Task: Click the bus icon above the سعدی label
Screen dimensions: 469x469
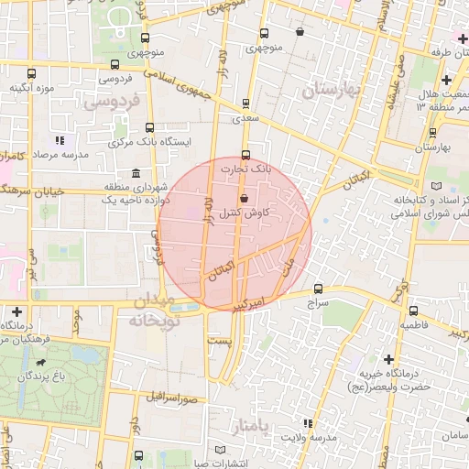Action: [245, 104]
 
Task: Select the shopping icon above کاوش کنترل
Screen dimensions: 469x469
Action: [243, 199]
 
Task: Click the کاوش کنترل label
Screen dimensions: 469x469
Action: [244, 213]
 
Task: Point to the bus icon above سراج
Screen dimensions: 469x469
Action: [318, 288]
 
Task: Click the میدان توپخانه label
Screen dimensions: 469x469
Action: [153, 311]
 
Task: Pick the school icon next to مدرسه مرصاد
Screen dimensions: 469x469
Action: [60, 141]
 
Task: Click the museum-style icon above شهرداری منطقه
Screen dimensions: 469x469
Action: [136, 173]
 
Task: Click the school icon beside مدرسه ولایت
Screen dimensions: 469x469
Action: [307, 424]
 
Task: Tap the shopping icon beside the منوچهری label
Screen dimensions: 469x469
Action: [300, 32]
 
